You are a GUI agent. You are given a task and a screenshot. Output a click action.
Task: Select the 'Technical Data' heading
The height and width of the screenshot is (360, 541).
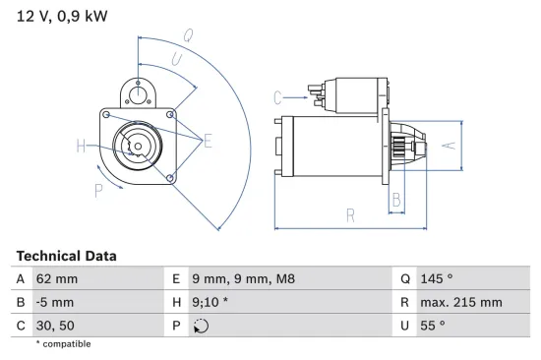66,256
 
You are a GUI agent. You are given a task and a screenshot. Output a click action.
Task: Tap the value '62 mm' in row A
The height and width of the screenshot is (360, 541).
58,279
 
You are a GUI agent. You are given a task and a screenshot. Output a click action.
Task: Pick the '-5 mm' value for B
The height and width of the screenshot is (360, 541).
55,302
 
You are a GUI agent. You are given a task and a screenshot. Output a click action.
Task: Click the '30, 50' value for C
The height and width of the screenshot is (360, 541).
55,325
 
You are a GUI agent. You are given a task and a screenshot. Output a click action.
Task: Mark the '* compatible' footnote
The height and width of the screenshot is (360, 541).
63,343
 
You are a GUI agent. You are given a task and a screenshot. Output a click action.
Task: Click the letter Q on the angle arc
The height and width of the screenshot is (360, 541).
188,35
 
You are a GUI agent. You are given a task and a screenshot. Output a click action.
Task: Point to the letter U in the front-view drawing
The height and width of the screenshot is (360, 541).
176,60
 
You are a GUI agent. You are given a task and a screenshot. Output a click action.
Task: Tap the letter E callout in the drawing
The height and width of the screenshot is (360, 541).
208,142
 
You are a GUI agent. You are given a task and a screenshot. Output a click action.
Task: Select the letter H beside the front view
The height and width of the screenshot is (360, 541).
81,148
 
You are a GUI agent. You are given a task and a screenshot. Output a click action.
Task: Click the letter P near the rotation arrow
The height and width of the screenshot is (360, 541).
98,189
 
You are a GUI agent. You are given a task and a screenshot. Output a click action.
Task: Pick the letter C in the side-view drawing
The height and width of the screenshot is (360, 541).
277,96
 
